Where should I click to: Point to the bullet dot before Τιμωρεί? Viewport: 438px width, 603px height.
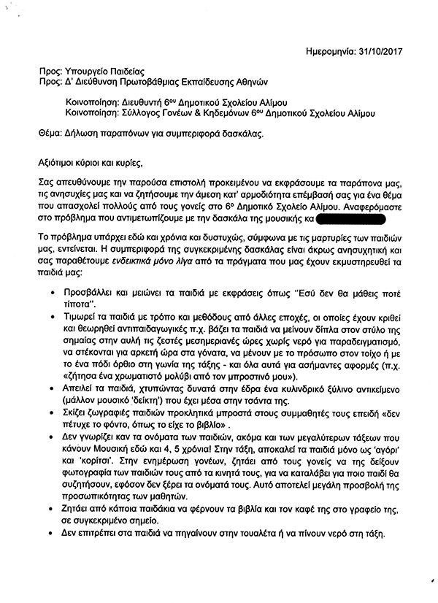[56, 319]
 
